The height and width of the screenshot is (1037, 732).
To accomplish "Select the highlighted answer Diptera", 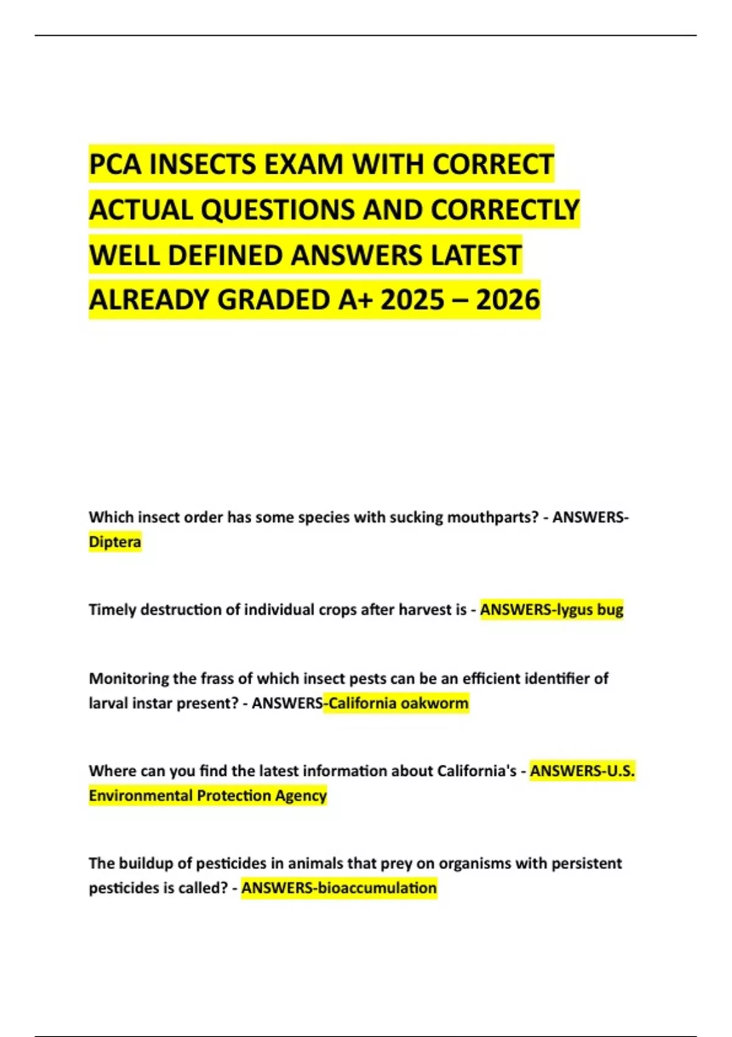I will [x=115, y=542].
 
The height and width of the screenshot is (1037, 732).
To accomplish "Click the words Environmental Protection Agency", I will [x=207, y=795].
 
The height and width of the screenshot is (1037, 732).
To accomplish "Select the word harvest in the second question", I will [x=424, y=609].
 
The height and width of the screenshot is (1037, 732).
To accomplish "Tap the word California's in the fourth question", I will [x=477, y=771].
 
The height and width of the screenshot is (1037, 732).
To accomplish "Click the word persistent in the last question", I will [x=586, y=863].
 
